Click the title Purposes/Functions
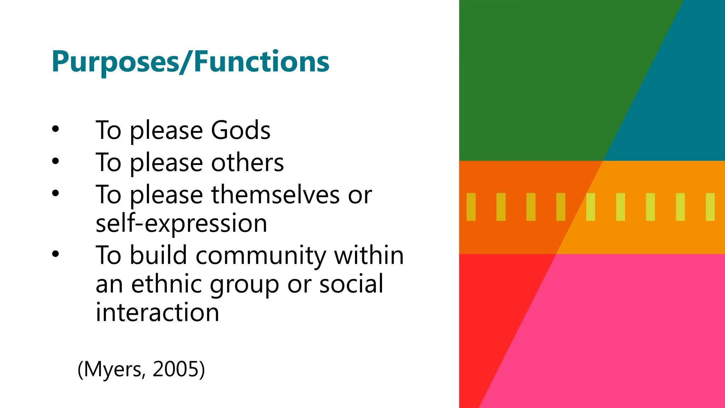click(190, 62)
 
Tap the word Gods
click(241, 130)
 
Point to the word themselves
click(275, 195)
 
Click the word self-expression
click(181, 223)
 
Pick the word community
click(261, 255)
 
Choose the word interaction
click(158, 312)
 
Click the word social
click(351, 284)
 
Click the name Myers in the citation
click(113, 369)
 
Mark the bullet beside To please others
click(55, 161)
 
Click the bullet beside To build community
click(55, 254)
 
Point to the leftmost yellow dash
click(471, 207)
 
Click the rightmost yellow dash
click(710, 207)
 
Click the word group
click(244, 285)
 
